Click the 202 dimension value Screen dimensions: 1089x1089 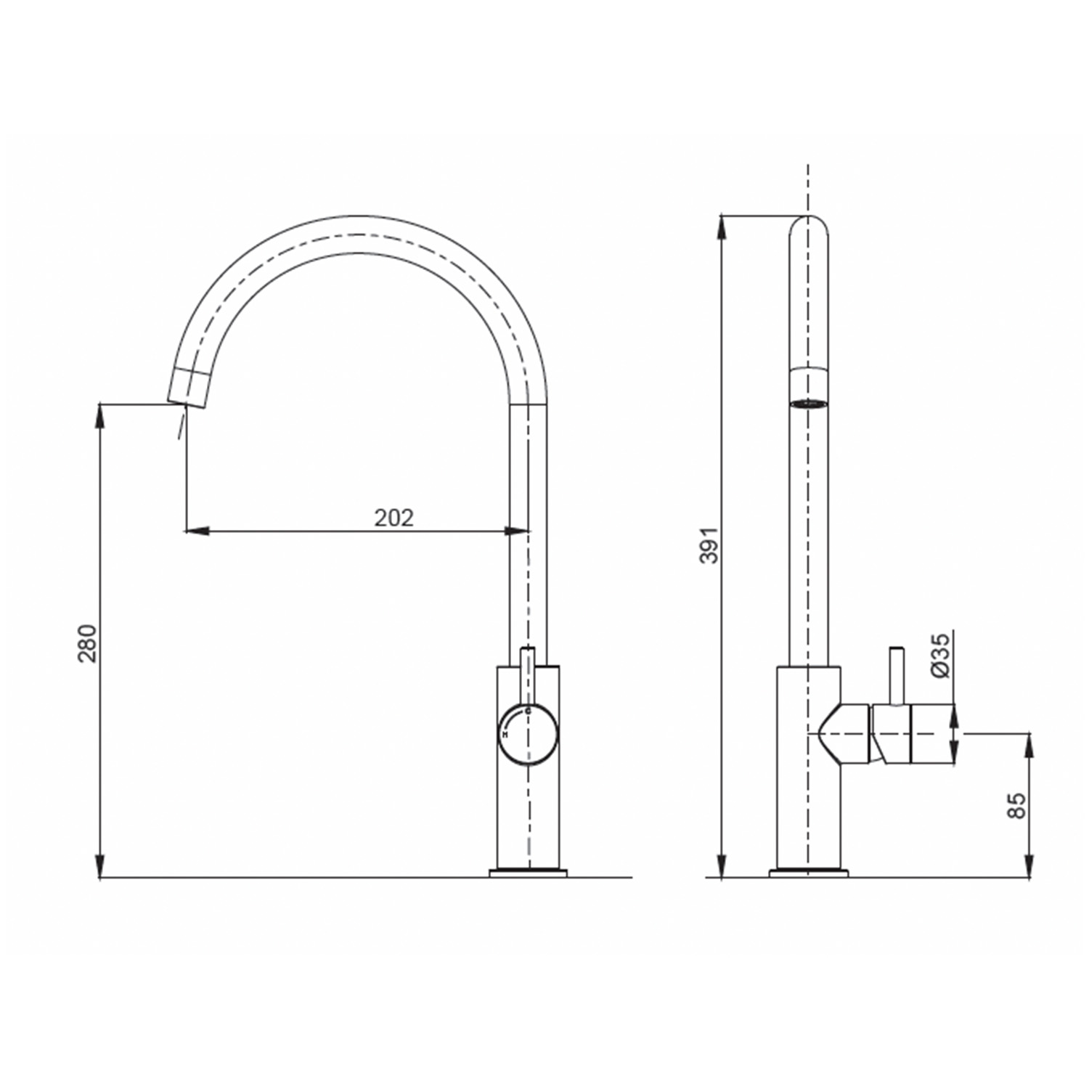tap(393, 518)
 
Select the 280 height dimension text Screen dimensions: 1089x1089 tap(87, 643)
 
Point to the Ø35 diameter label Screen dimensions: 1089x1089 tap(940, 655)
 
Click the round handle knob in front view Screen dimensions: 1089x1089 tap(528, 734)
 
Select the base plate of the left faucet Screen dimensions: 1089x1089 tap(528, 873)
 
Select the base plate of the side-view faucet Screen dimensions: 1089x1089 tap(808, 873)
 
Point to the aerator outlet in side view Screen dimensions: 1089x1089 tap(808, 402)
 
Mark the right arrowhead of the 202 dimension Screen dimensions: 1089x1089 tap(518, 531)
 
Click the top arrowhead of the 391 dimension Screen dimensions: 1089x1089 tap(722, 227)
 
